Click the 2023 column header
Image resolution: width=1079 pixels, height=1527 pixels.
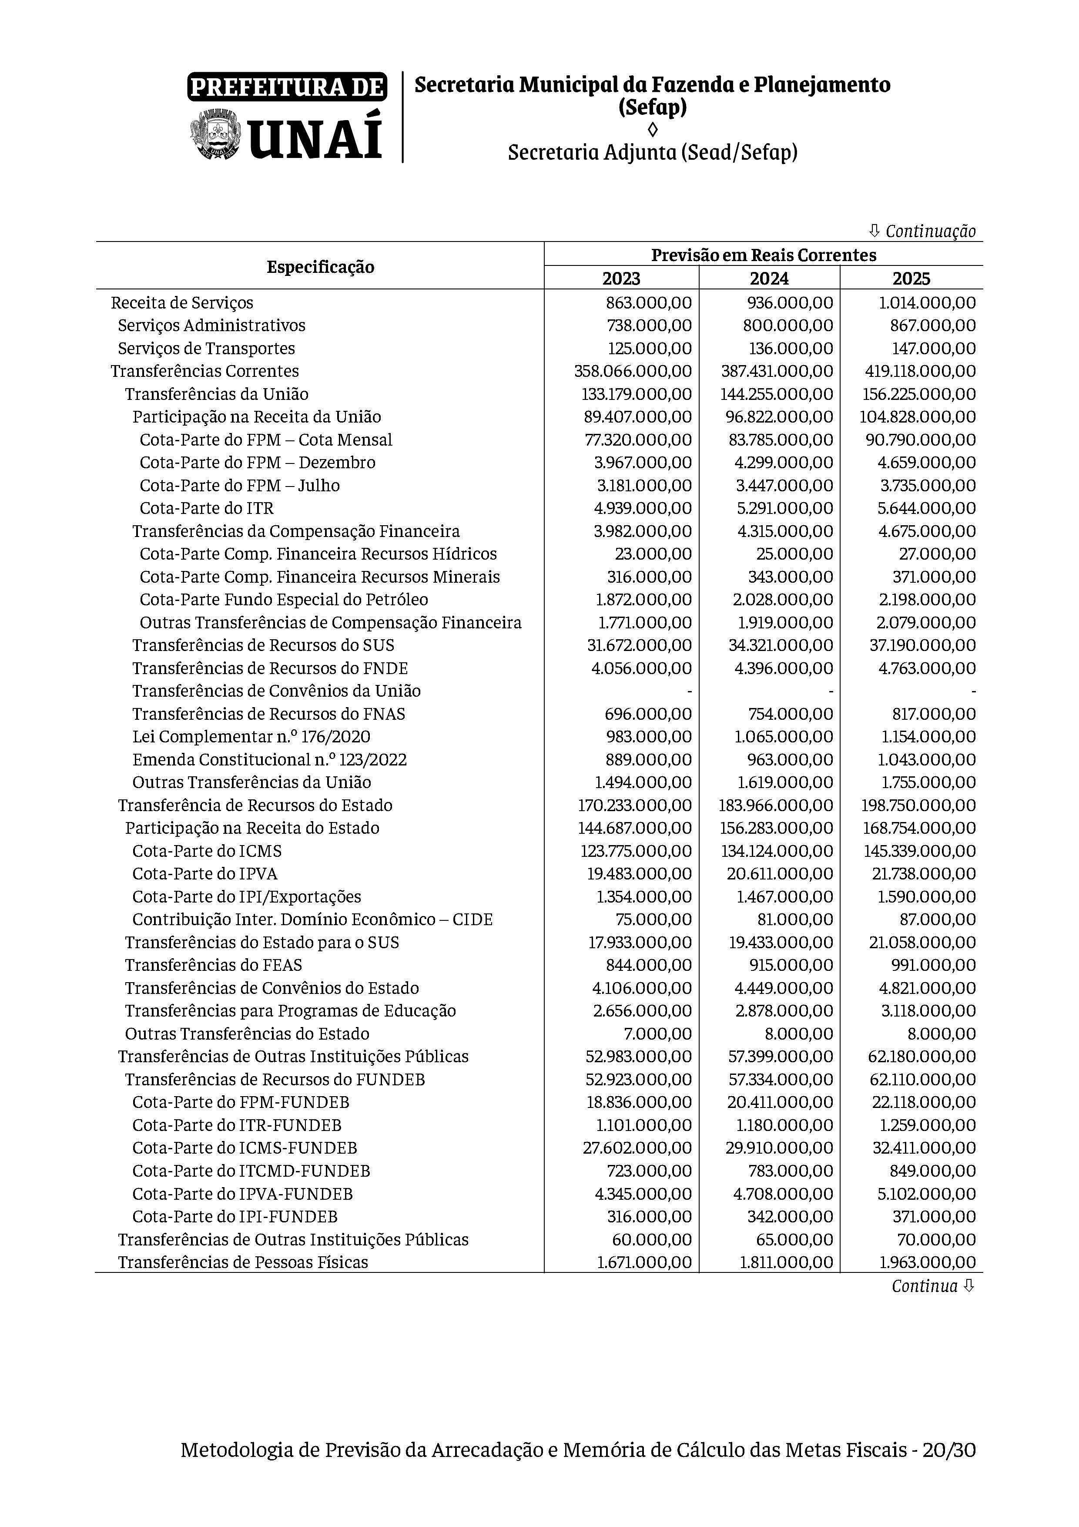(621, 278)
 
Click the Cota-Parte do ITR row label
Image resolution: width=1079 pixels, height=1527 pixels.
(207, 508)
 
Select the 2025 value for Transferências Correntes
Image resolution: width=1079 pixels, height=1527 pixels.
(920, 371)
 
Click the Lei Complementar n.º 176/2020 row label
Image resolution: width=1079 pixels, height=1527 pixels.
(251, 737)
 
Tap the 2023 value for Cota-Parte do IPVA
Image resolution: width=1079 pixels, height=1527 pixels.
(642, 874)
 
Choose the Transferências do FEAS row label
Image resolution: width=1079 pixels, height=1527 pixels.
(213, 965)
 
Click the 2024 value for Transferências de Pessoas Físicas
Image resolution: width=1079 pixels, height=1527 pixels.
(786, 1262)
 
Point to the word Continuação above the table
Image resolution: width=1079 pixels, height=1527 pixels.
(930, 232)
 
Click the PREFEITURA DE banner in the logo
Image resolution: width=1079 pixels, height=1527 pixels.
(287, 87)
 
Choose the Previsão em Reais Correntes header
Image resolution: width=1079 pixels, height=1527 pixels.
(763, 255)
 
